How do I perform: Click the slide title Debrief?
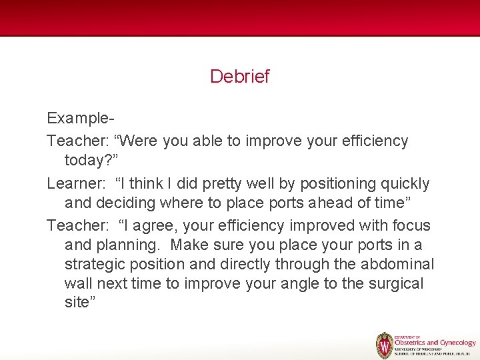click(239, 77)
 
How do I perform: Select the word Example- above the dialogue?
click(81, 119)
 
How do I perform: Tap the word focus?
click(410, 226)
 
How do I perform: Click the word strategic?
click(98, 264)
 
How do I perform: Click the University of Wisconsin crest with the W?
click(385, 345)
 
